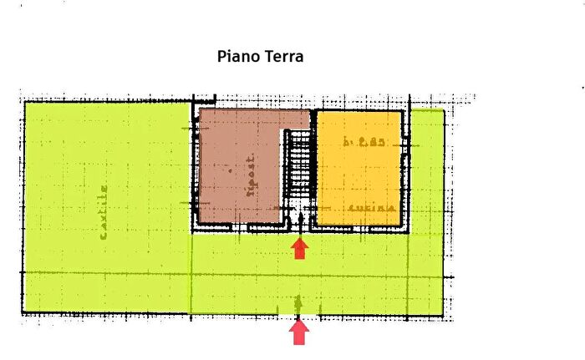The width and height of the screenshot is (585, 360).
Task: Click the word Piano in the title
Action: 237,58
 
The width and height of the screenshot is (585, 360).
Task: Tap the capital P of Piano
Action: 222,57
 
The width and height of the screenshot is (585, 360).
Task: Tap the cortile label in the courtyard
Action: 104,212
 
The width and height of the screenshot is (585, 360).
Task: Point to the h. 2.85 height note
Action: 363,143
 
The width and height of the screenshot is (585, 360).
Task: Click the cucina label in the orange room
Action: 373,207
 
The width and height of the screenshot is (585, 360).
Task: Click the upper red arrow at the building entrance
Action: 299,248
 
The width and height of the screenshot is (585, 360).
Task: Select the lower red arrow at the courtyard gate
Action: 299,332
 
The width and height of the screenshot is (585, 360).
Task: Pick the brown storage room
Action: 238,167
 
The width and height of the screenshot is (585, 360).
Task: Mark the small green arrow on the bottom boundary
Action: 298,302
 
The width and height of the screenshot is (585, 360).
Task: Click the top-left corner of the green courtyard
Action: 25,103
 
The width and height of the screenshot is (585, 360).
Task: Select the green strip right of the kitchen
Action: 426,175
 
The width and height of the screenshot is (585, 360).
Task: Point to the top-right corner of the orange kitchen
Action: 401,114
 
